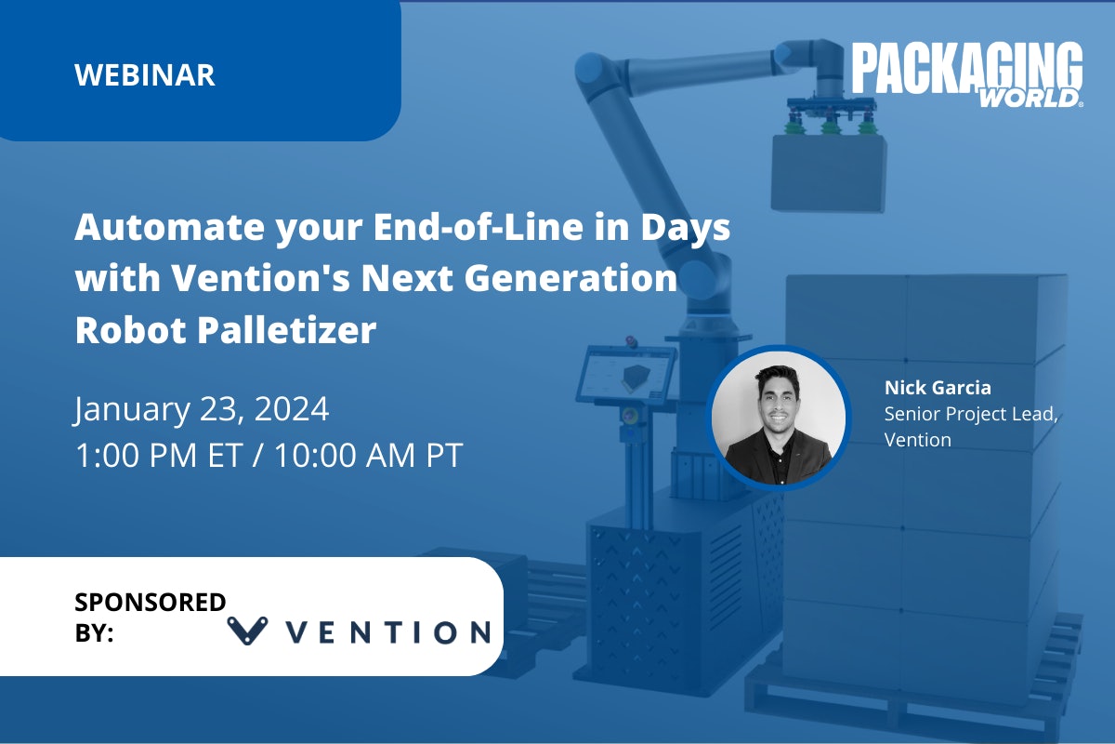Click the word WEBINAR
(145, 74)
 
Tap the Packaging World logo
(966, 74)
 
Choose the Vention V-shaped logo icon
(247, 631)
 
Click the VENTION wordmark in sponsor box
(388, 632)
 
